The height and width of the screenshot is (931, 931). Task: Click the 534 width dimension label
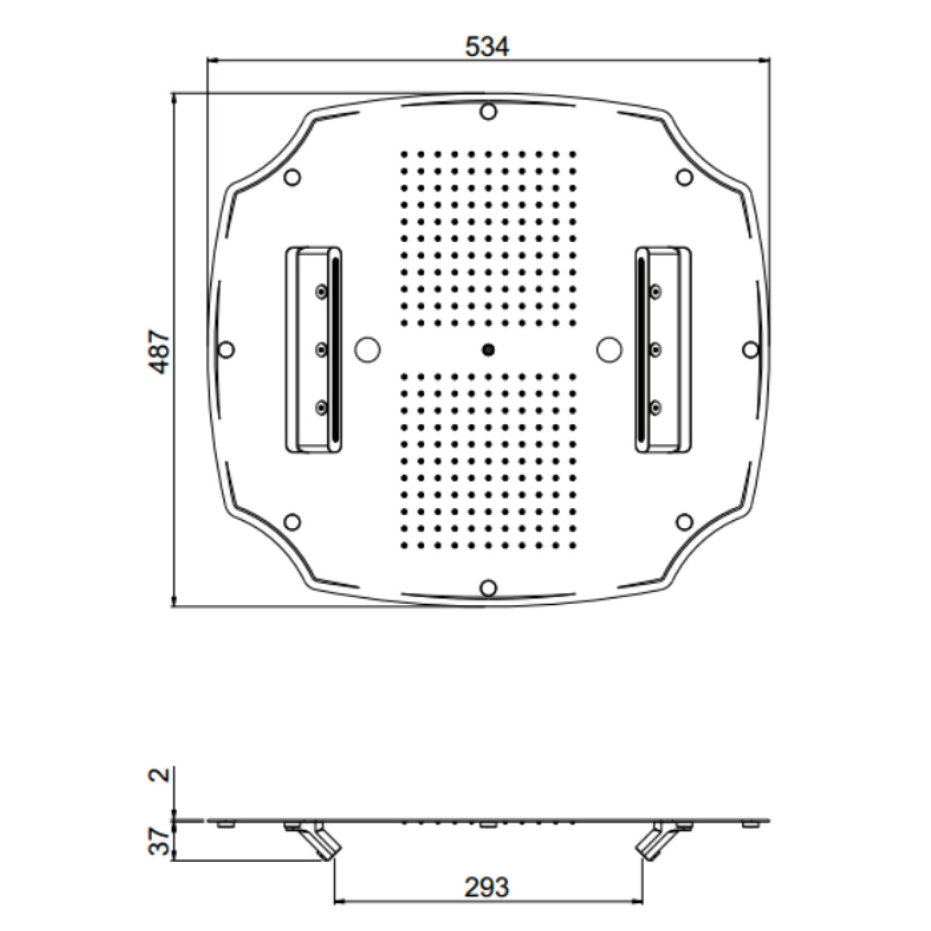pyautogui.click(x=487, y=47)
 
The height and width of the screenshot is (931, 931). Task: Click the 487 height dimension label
pyautogui.click(x=160, y=351)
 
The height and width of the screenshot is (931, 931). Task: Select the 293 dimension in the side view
pyautogui.click(x=487, y=888)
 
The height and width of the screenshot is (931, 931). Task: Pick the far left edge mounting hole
pyautogui.click(x=226, y=350)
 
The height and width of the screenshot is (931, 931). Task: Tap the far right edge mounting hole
pyautogui.click(x=751, y=350)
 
